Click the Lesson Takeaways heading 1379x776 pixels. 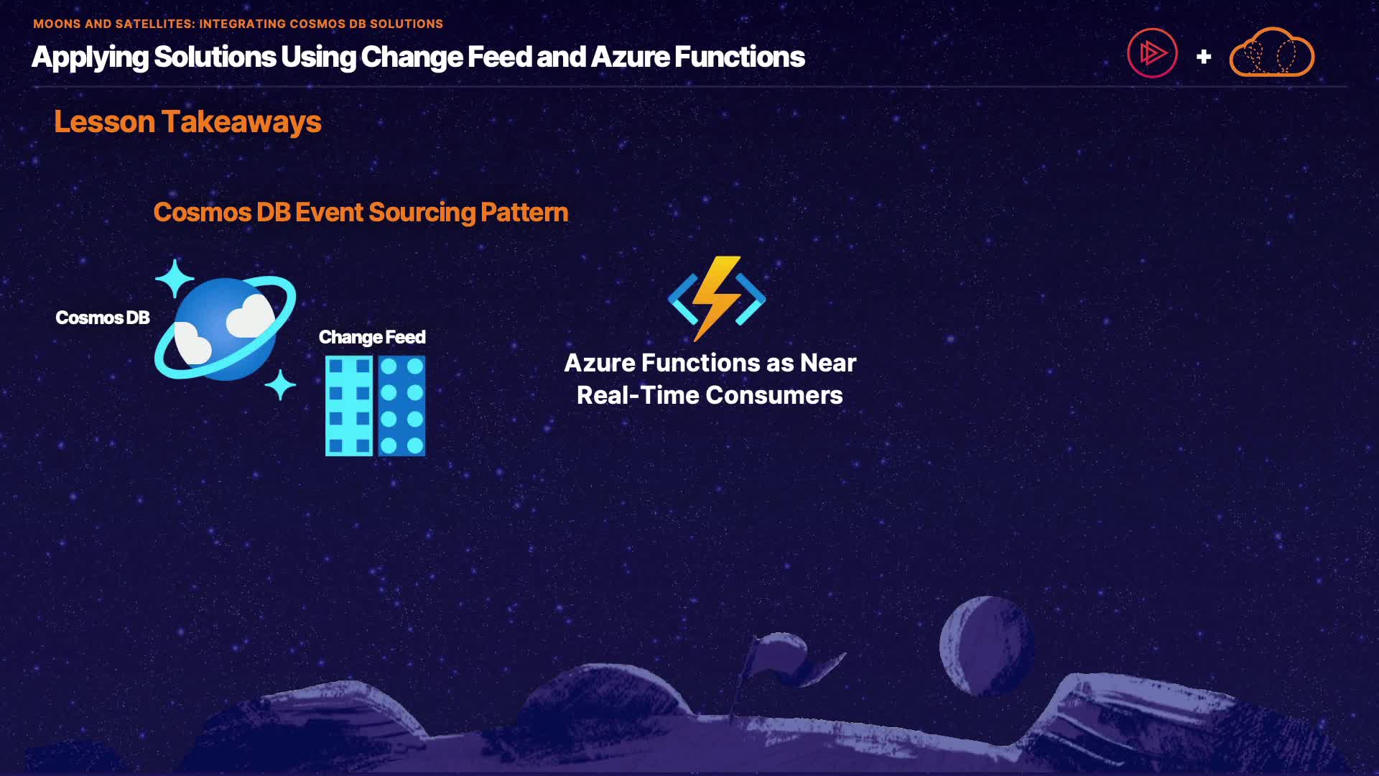point(187,122)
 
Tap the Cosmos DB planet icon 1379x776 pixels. point(225,328)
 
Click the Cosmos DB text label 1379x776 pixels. point(103,318)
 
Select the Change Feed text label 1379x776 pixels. point(372,337)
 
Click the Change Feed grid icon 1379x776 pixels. point(376,406)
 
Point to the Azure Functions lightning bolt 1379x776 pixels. point(717,298)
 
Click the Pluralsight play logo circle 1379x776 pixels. point(1152,53)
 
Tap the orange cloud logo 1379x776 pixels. point(1272,52)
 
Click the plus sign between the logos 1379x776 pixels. point(1204,56)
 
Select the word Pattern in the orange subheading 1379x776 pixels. point(524,212)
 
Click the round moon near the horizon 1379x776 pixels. point(986,646)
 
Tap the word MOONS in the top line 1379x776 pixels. point(57,24)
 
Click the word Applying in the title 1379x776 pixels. point(90,57)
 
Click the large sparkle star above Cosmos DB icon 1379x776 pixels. point(175,278)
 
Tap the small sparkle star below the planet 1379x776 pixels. point(280,385)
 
